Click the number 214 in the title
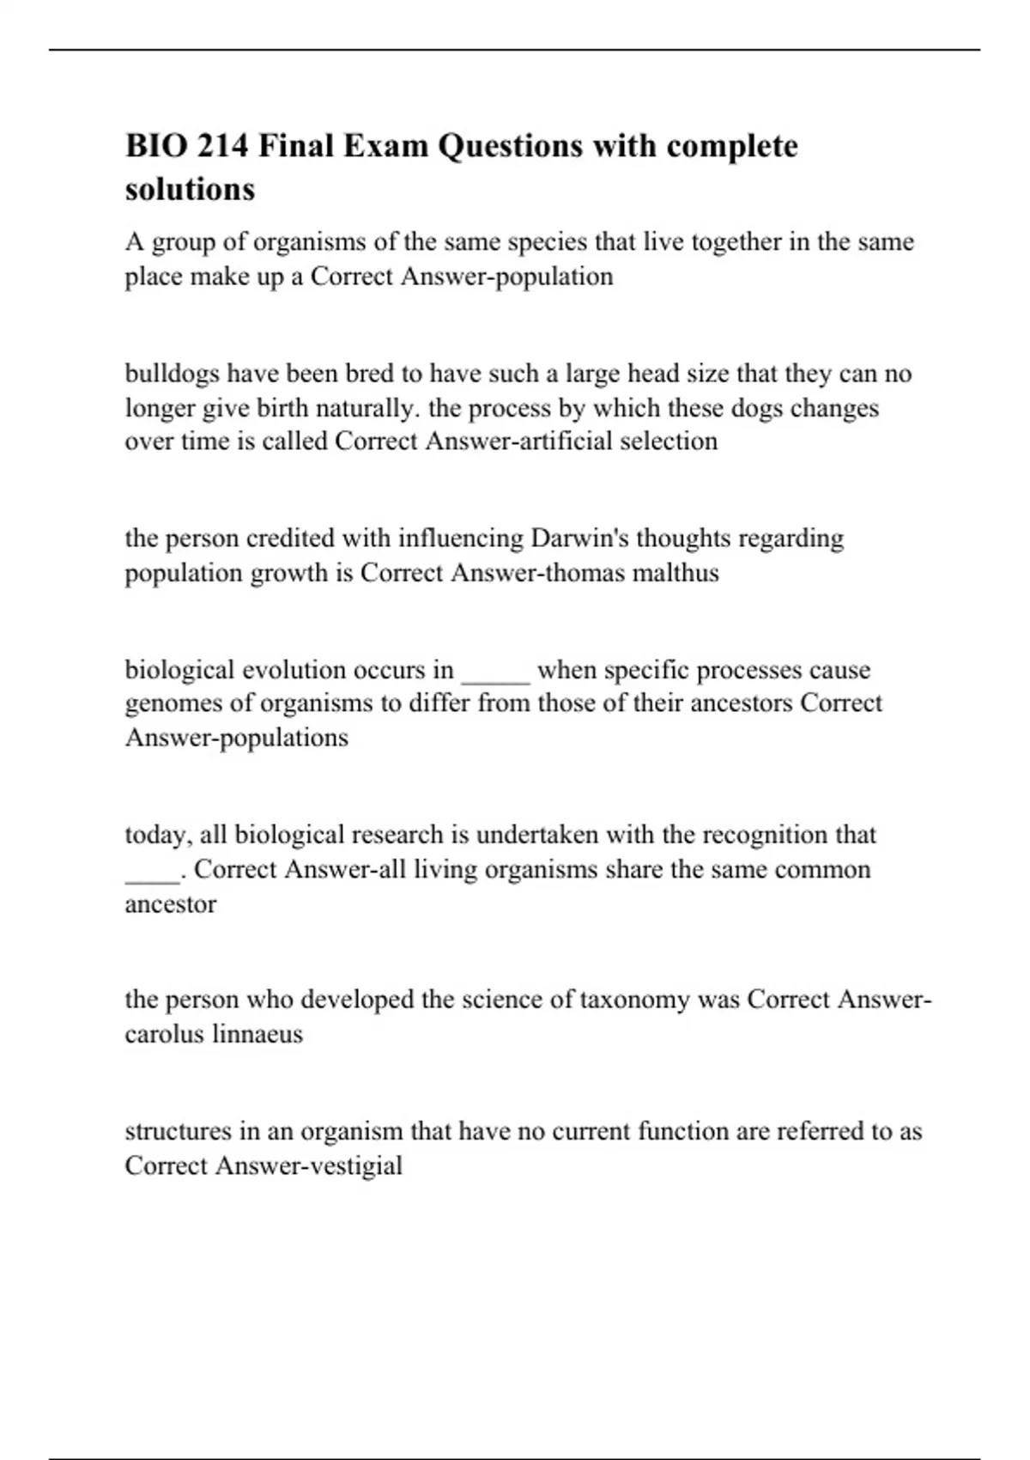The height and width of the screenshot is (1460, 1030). click(x=223, y=146)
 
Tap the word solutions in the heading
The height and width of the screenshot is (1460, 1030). click(x=190, y=188)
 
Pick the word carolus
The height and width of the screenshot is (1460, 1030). click(x=161, y=1034)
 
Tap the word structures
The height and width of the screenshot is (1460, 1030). click(x=178, y=1131)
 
